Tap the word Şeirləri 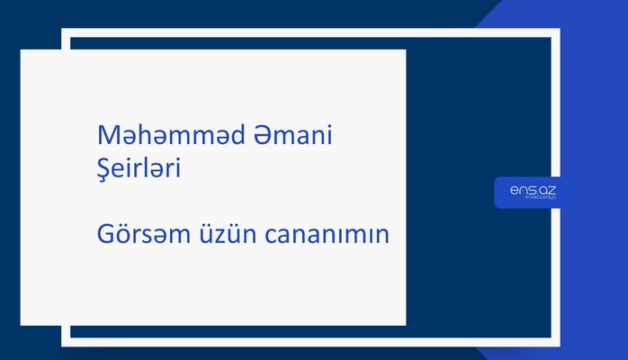tap(139, 169)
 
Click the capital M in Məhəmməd tap(106, 137)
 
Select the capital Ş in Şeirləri tap(103, 170)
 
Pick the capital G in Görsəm tap(105, 235)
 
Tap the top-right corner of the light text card tap(405, 50)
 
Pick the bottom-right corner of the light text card tap(405, 326)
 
